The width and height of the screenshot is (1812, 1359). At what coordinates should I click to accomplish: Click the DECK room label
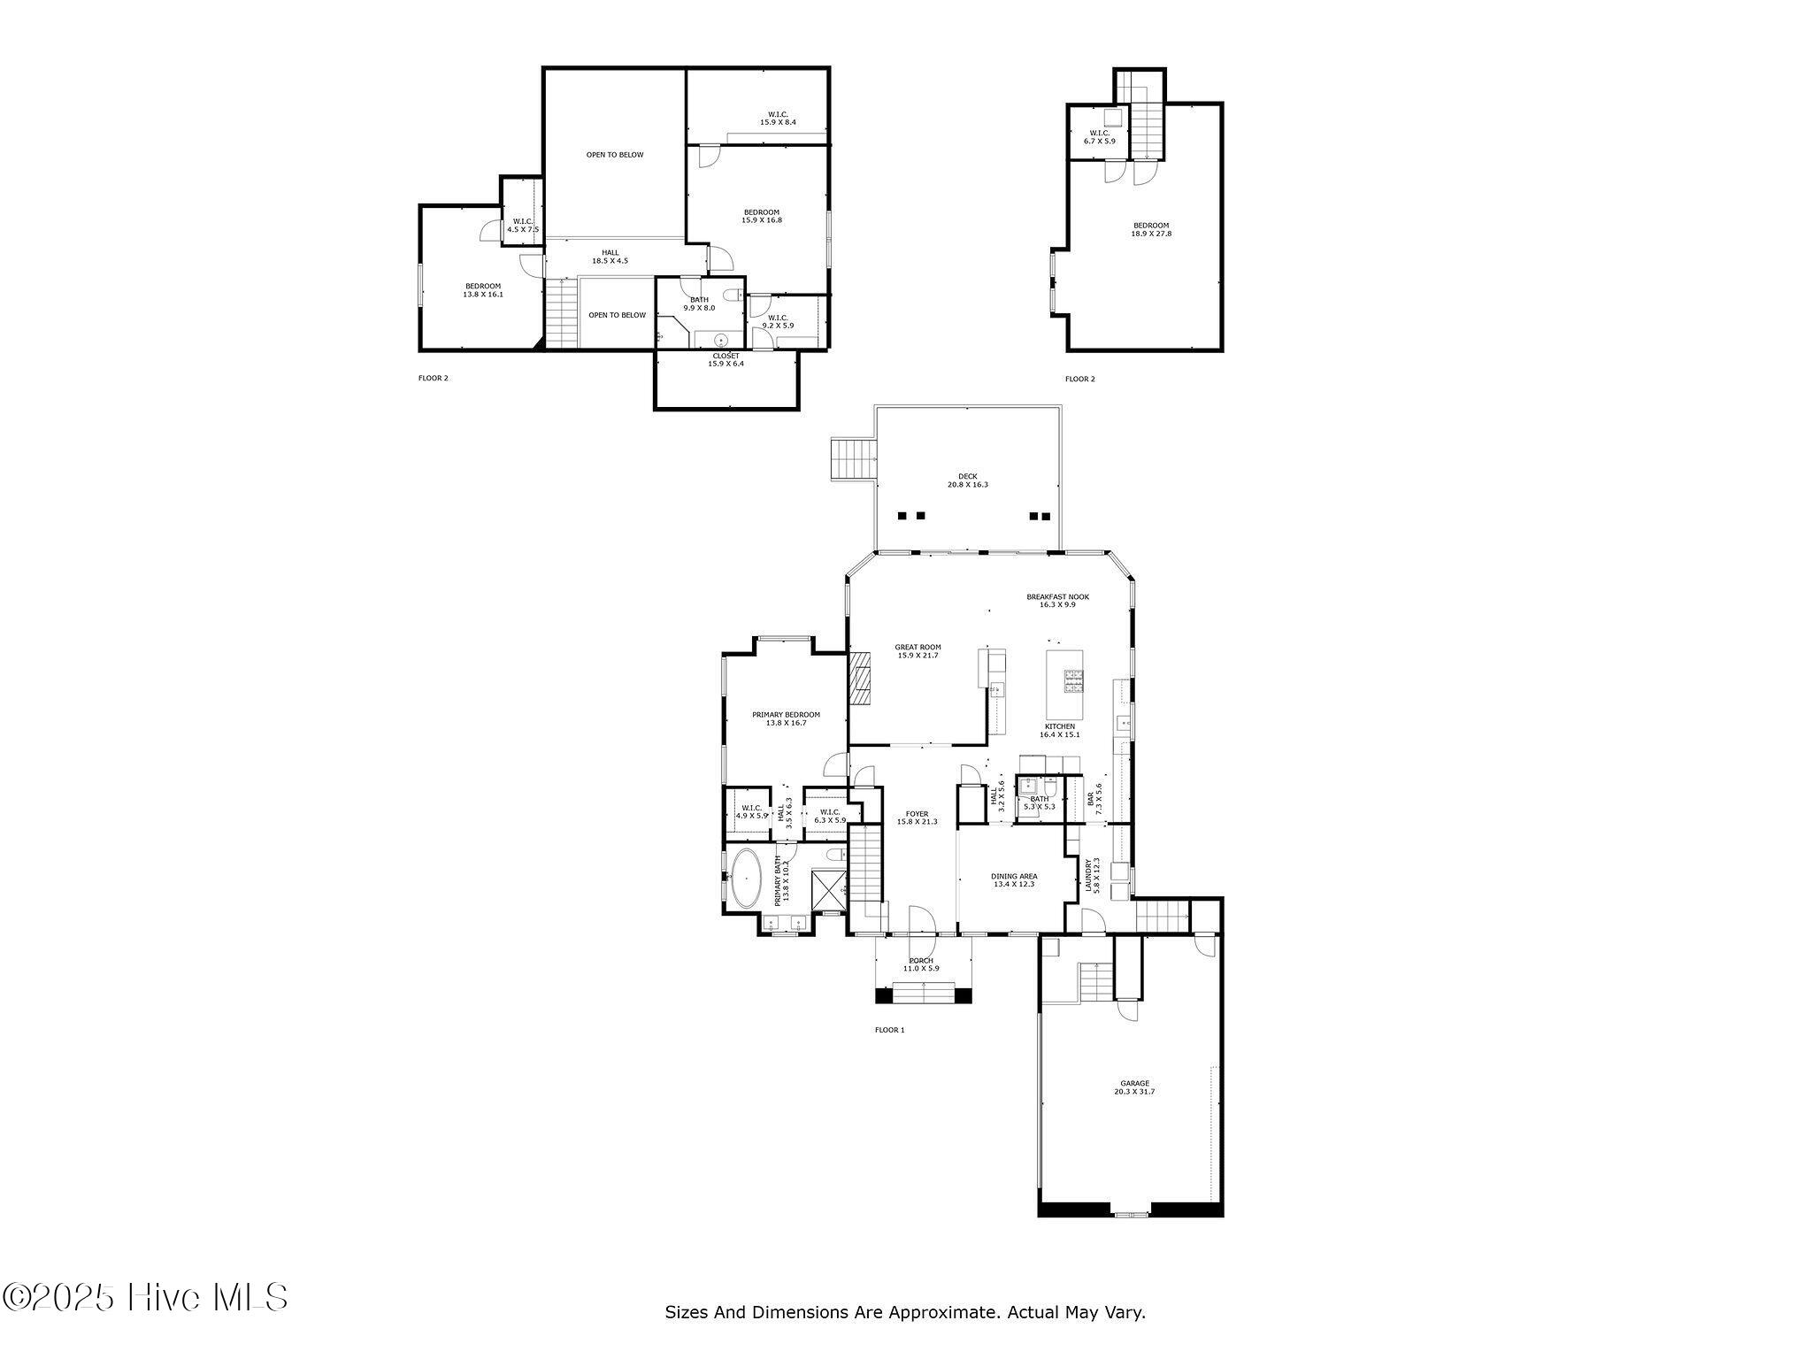(967, 480)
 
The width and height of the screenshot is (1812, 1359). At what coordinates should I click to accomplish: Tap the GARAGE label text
(1134, 1087)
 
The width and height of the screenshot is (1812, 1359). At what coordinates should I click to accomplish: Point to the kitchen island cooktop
(1073, 679)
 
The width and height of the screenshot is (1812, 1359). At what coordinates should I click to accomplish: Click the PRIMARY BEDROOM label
(786, 718)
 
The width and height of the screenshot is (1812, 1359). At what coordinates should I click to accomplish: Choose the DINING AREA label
(1014, 879)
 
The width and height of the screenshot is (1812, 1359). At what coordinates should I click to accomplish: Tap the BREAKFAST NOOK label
(1057, 600)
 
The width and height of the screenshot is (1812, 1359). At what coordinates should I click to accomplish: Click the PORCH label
(921, 964)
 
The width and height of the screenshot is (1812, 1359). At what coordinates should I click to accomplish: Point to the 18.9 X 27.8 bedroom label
(1150, 229)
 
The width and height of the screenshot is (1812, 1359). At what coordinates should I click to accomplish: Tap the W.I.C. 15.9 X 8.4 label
(778, 118)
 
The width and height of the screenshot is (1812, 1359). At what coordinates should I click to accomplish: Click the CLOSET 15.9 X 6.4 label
(726, 359)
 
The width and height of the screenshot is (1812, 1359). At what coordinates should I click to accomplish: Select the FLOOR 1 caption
(889, 1030)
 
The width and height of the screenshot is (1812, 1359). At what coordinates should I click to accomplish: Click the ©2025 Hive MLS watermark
(145, 1298)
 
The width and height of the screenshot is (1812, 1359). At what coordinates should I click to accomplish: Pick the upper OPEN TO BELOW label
(615, 155)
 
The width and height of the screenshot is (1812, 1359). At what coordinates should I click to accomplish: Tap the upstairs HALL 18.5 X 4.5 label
(610, 257)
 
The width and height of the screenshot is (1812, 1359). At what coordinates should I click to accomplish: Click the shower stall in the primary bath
(828, 891)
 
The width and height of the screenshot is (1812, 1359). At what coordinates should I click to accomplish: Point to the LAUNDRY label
(1092, 875)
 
